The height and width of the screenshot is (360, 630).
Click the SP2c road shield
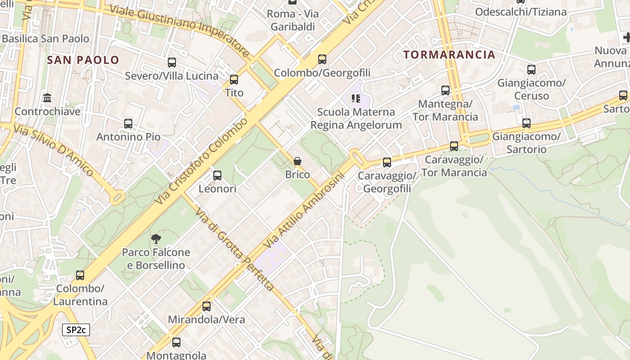(x=76, y=330)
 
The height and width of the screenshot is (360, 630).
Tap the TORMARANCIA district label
(x=449, y=55)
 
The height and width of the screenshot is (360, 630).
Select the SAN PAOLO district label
(x=83, y=60)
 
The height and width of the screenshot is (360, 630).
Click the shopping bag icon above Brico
(x=297, y=161)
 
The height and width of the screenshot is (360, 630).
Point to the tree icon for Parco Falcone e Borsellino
(x=156, y=239)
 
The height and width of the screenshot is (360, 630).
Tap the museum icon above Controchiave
(x=47, y=98)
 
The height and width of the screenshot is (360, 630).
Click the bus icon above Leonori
(x=217, y=175)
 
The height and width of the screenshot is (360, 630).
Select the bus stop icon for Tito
(x=234, y=80)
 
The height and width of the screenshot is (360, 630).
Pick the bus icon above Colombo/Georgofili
(x=322, y=59)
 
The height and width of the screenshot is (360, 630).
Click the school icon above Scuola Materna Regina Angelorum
(x=356, y=98)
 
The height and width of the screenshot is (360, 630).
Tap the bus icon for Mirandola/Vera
(x=206, y=306)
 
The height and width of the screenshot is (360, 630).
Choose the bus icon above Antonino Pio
(x=128, y=123)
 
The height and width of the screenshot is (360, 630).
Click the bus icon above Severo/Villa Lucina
(x=171, y=63)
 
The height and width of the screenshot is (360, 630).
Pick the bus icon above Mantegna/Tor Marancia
(x=445, y=90)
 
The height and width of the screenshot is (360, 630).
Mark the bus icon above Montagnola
(x=176, y=342)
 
